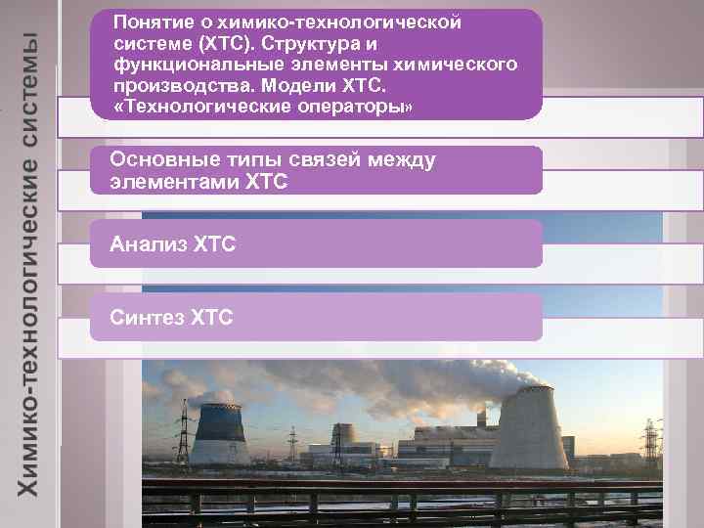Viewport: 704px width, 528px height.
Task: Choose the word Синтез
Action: pyautogui.click(x=146, y=317)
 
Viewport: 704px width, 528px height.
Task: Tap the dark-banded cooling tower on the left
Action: pyautogui.click(x=217, y=435)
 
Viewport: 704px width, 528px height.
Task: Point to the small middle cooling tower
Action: pyautogui.click(x=342, y=445)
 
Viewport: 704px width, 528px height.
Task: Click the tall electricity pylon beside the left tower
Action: pyautogui.click(x=181, y=430)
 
